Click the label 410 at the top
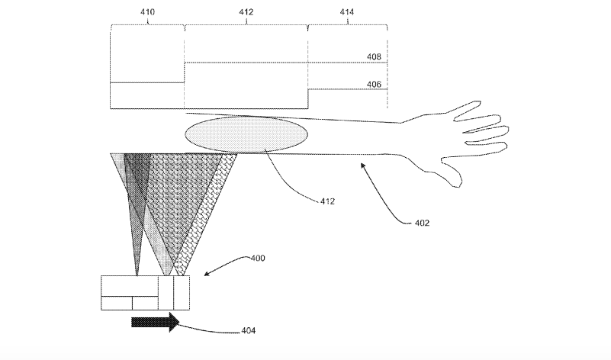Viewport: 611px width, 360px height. point(147,12)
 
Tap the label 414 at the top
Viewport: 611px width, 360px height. point(346,12)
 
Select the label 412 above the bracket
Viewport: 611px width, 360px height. point(246,12)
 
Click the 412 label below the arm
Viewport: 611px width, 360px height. point(327,201)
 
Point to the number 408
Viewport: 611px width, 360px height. point(374,56)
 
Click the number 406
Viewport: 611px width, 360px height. point(374,84)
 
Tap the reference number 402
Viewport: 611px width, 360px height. point(422,223)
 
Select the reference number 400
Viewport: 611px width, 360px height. point(258,259)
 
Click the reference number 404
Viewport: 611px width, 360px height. point(248,331)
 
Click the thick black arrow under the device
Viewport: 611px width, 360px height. point(155,322)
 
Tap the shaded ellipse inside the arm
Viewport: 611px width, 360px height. point(246,134)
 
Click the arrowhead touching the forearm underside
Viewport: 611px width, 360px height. point(363,166)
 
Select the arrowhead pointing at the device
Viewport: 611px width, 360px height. point(207,274)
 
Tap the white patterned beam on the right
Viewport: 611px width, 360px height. point(207,214)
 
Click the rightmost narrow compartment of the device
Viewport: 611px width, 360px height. point(182,293)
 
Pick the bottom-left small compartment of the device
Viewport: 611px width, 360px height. point(117,303)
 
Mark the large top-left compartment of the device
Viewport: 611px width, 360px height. point(130,286)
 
